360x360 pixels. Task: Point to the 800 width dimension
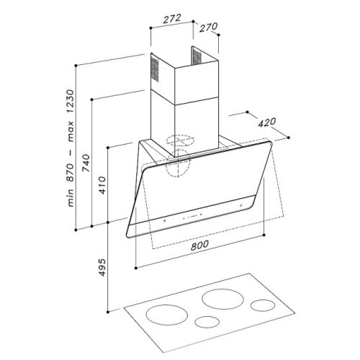(202, 246)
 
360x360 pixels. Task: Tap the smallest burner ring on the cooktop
(207, 321)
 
